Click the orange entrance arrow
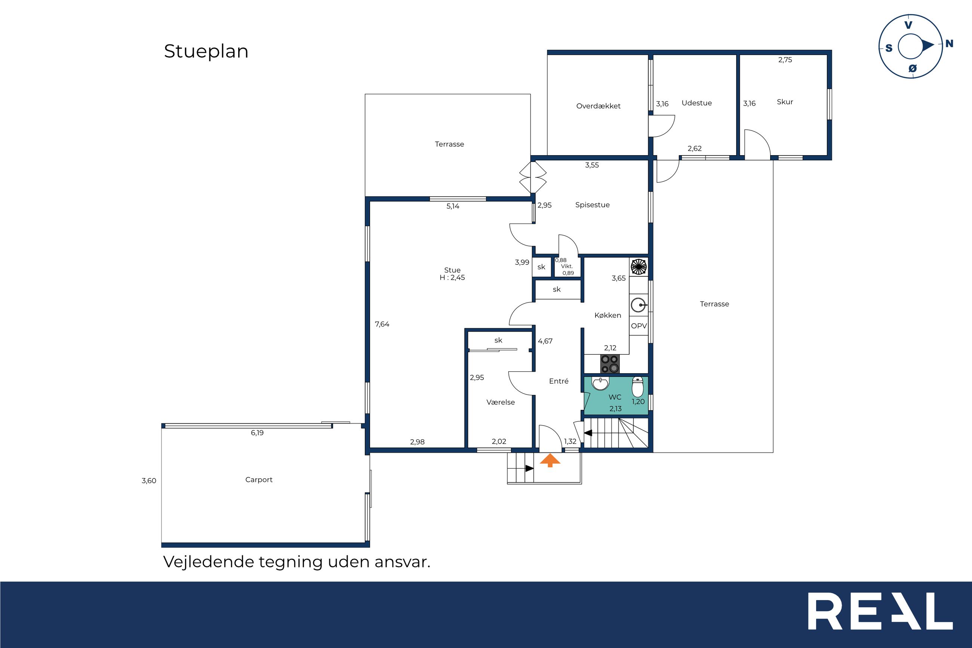tap(550, 460)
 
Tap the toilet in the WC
tap(637, 386)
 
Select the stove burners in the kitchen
tap(610, 364)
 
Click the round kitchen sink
tap(639, 305)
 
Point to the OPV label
tap(639, 326)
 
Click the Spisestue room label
tap(593, 205)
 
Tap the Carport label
tap(259, 480)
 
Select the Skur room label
tap(785, 102)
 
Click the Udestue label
tap(696, 103)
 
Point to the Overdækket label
tap(598, 106)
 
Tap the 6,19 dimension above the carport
tap(257, 433)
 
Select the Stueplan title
tap(206, 52)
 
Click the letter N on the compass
tap(949, 43)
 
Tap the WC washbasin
tap(600, 384)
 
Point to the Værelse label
tap(501, 402)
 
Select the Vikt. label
tap(567, 267)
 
